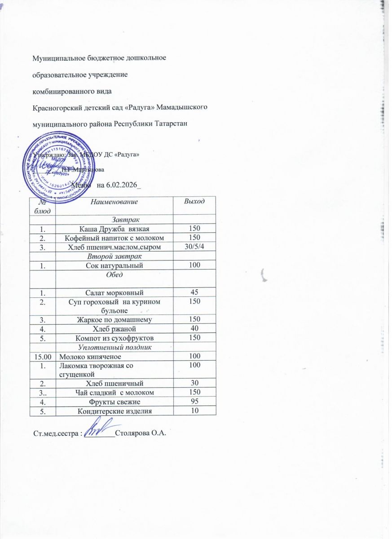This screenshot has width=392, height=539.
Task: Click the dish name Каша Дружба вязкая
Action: coord(115,229)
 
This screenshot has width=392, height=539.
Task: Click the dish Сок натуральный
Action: coord(115,266)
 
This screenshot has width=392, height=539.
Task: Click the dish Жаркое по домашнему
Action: coord(115,319)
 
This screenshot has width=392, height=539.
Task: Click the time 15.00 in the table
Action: coord(43,356)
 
